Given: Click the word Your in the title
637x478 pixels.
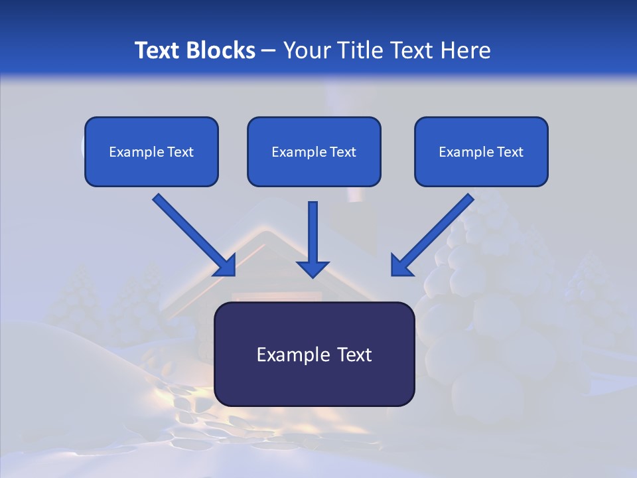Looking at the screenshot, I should (x=308, y=50).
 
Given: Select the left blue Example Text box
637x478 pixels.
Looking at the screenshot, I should (x=151, y=151).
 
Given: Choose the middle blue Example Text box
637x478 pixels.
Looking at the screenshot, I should (x=314, y=151).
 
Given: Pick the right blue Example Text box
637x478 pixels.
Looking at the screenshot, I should (x=481, y=151).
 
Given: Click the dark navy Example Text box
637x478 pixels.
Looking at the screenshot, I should (x=314, y=354).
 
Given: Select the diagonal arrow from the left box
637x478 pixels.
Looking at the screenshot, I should (x=192, y=232).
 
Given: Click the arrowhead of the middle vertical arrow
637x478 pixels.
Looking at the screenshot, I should (x=313, y=268).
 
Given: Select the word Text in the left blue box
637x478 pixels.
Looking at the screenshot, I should (x=181, y=152).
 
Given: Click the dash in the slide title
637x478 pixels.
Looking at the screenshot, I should (x=269, y=50).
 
